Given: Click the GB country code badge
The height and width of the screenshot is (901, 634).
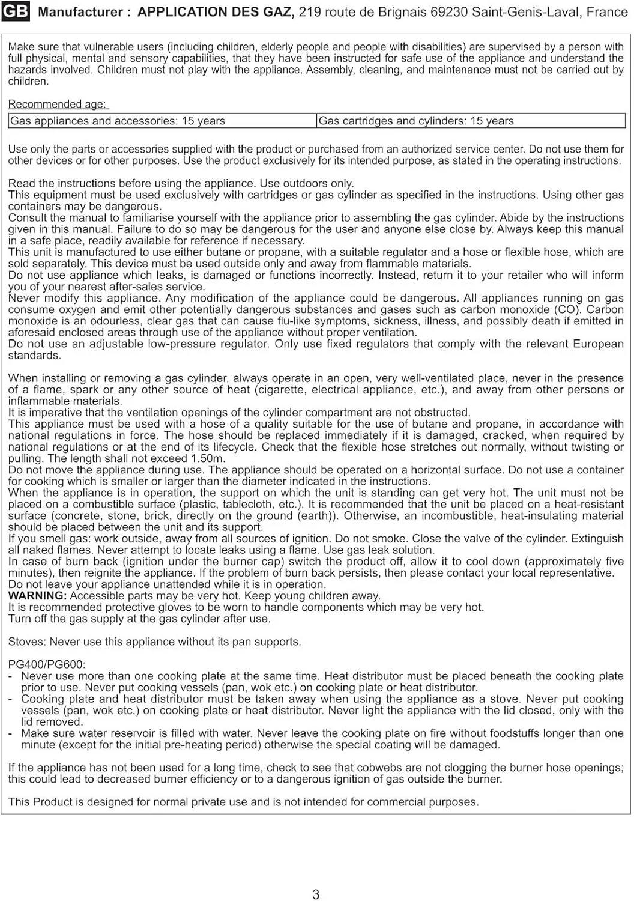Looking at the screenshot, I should click(16, 12).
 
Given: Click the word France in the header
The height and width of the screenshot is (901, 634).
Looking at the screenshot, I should click(607, 12).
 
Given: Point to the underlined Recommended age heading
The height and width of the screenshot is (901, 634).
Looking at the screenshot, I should click(58, 105).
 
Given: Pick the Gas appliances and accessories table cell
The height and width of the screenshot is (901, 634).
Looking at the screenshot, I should click(118, 121).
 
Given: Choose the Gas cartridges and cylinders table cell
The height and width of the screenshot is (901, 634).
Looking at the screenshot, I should click(416, 121).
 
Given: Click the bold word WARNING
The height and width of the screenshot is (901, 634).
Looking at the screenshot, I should click(37, 596).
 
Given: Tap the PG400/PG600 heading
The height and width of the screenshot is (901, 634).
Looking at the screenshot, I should click(47, 664).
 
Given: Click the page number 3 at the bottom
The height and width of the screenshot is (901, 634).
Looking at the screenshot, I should click(316, 894).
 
